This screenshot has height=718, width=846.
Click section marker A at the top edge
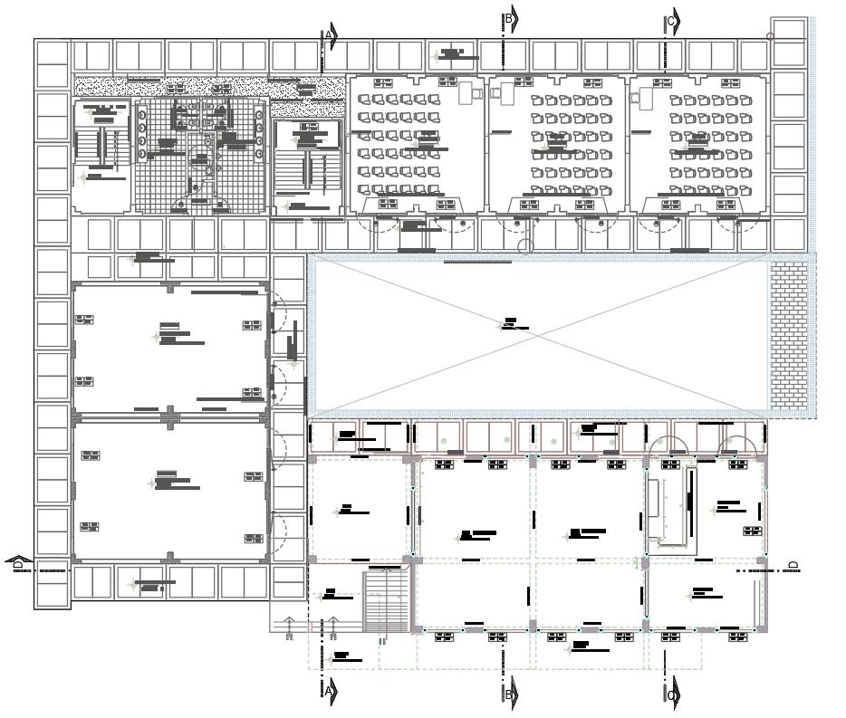coord(331,37)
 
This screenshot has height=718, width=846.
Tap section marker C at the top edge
coord(672,22)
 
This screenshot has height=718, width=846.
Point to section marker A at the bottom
coord(331,691)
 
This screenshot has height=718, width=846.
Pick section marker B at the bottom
coord(510,694)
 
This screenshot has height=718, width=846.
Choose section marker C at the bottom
coord(672,695)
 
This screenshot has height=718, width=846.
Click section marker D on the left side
coord(18,565)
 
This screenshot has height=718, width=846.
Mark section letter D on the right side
coord(793,566)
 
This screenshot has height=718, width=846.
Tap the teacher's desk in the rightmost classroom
coord(646,97)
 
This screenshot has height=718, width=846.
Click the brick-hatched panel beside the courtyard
coord(787,335)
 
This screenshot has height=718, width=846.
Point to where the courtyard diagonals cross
coord(540,336)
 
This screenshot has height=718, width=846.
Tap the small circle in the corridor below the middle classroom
coord(526,246)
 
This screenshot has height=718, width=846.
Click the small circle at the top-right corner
coord(770,37)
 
